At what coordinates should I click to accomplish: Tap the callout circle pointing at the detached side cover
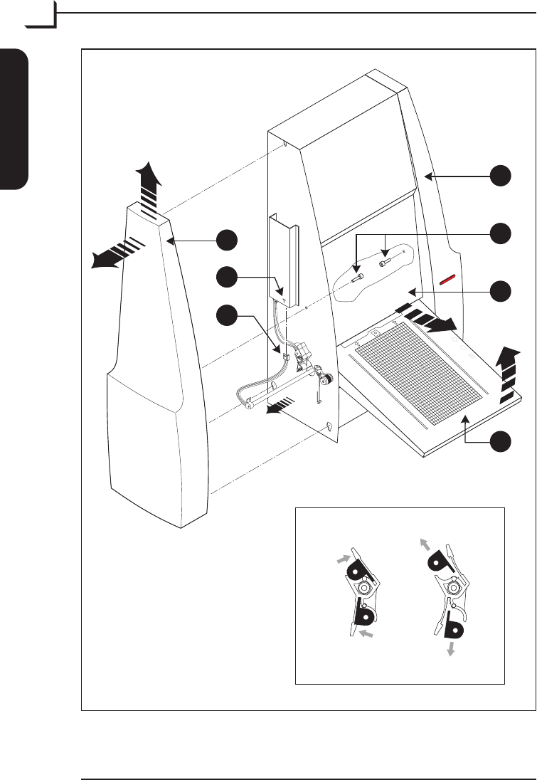click(227, 241)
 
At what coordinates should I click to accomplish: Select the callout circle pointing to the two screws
click(503, 232)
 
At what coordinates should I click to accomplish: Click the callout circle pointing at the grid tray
click(503, 441)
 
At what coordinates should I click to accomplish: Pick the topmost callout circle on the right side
click(503, 175)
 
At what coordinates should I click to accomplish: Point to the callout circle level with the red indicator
click(503, 290)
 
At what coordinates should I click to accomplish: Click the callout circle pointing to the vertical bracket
click(227, 278)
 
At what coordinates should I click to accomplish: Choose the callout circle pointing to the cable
click(227, 315)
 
